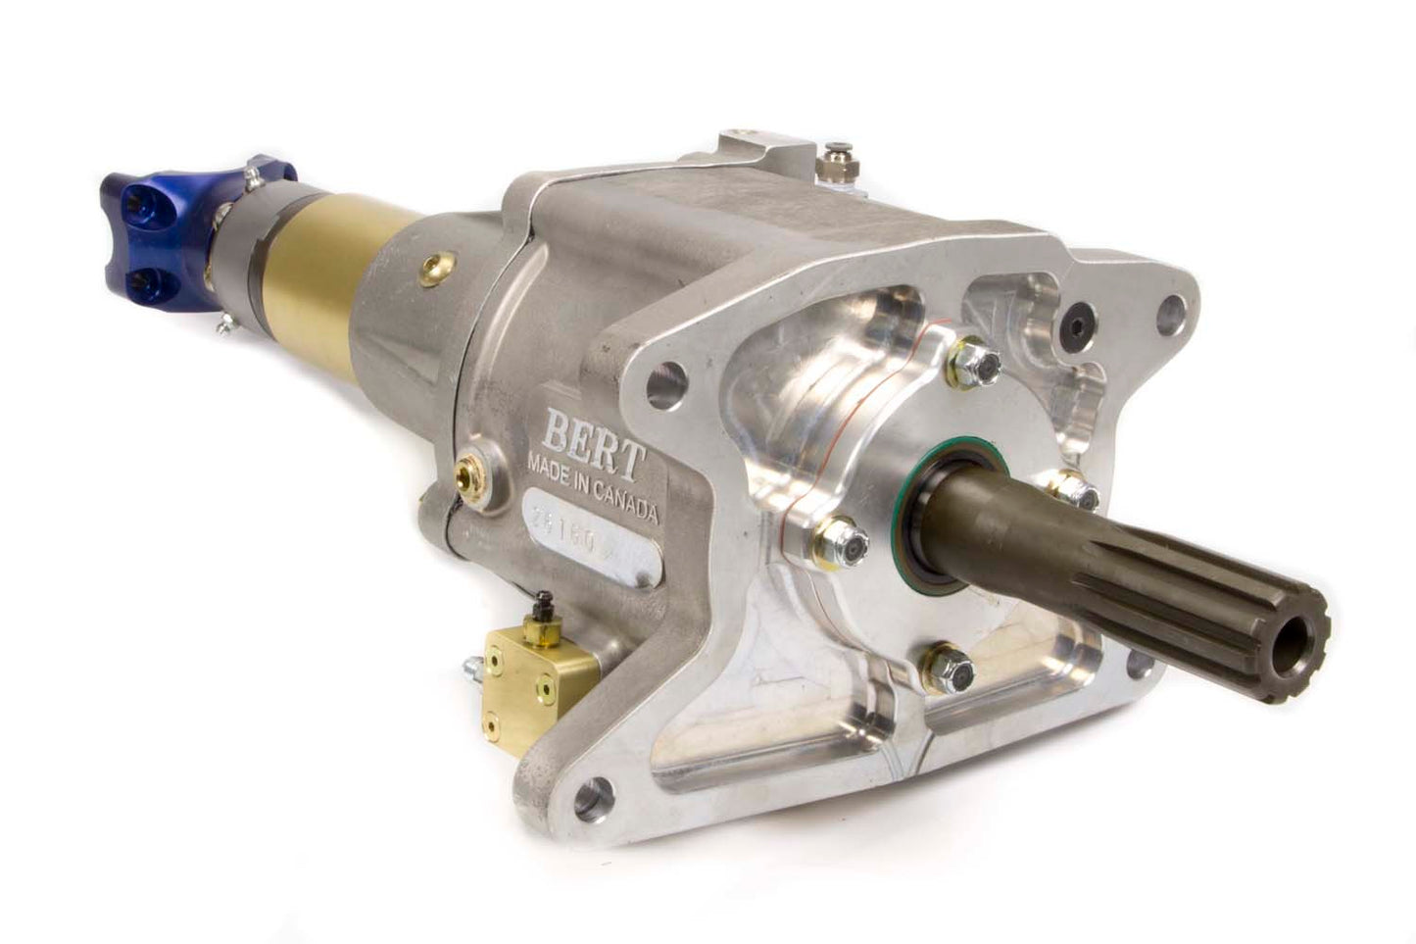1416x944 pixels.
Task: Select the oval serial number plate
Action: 588,550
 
